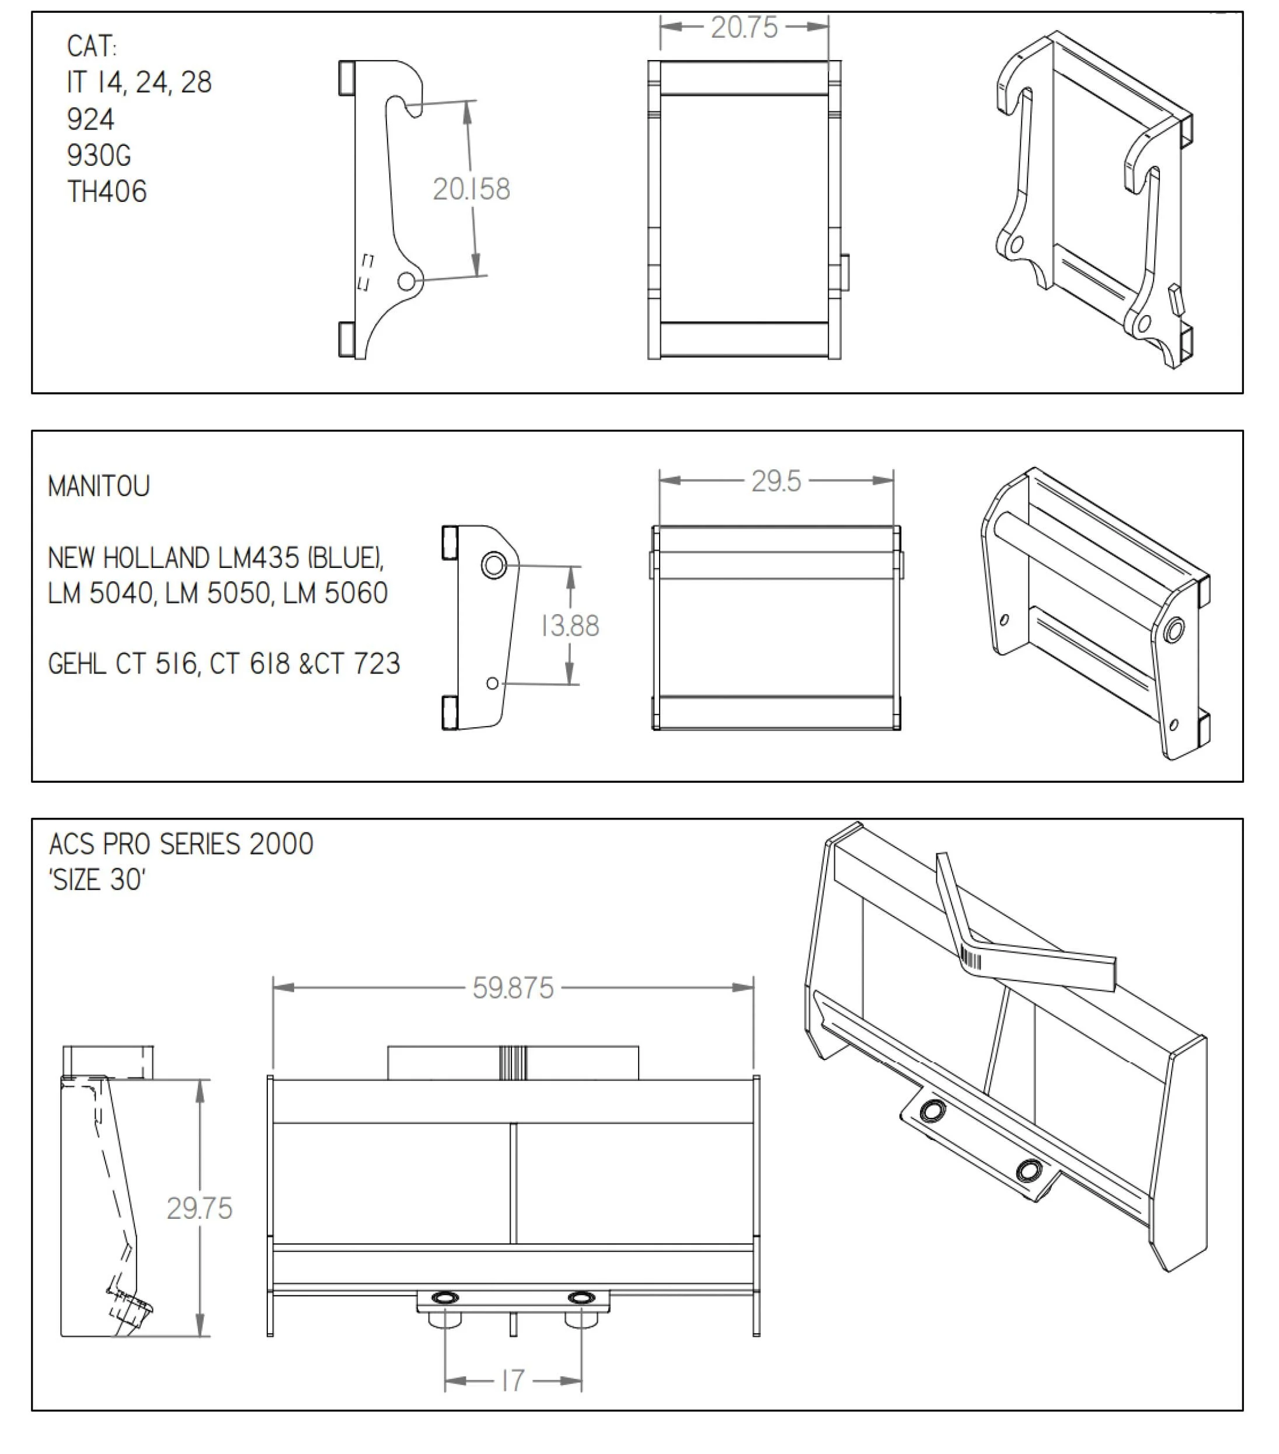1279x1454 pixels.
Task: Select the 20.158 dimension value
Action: click(x=471, y=189)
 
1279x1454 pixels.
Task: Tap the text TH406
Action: click(x=107, y=192)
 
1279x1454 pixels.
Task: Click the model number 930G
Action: click(x=99, y=156)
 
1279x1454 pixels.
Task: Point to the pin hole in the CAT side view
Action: click(x=406, y=281)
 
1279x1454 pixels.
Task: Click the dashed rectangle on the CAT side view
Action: click(x=365, y=272)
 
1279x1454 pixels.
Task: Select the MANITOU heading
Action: click(x=99, y=487)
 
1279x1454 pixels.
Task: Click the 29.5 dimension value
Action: click(x=775, y=482)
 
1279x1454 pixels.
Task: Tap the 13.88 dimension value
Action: click(x=570, y=626)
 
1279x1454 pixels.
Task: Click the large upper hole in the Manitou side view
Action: click(x=494, y=566)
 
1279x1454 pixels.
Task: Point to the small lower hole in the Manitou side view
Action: click(x=492, y=683)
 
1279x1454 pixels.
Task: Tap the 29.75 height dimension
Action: click(x=199, y=1209)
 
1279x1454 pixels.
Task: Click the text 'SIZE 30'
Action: click(x=97, y=881)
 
